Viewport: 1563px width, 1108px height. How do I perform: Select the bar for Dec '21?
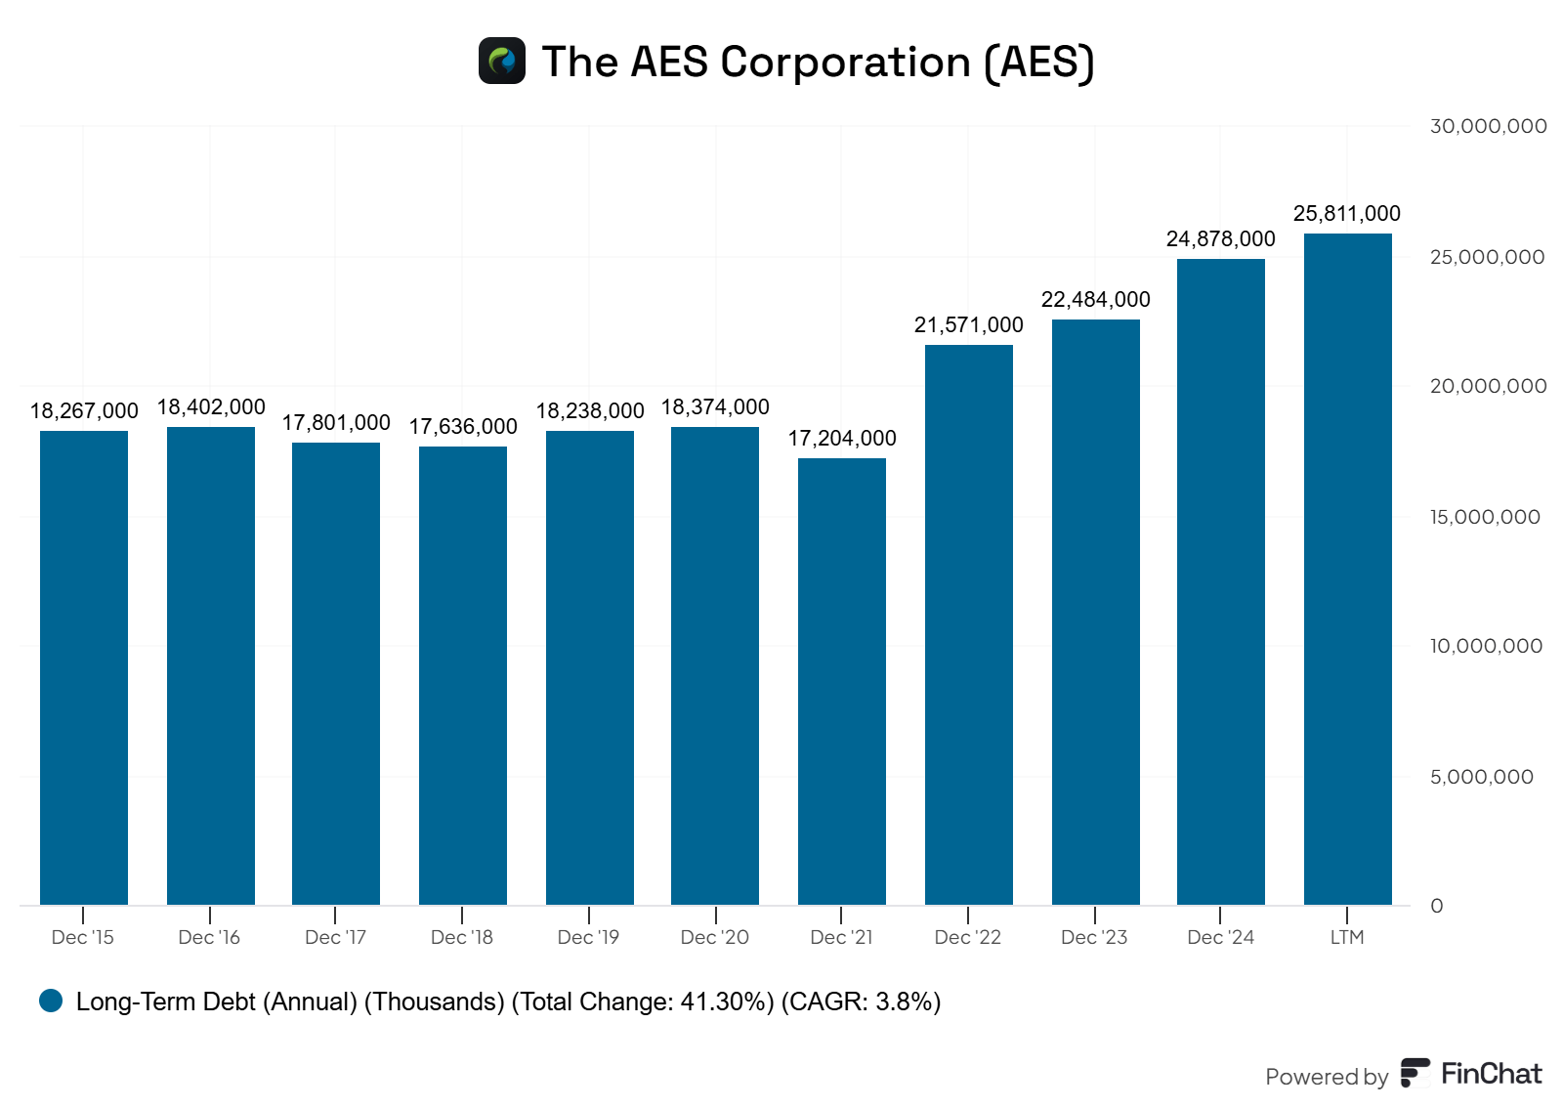841,681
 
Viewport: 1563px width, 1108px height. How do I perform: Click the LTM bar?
1347,569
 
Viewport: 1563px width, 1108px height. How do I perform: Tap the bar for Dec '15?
84,667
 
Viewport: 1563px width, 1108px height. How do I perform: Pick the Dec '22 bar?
968,624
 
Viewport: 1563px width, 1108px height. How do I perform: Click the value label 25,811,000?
1346,213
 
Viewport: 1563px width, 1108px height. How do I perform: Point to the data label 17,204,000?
842,438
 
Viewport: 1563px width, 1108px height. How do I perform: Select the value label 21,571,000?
968,324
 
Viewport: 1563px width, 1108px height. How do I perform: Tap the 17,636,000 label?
463,426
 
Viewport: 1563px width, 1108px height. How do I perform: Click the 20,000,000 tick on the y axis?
1488,386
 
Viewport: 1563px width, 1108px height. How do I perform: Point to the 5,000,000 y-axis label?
1481,777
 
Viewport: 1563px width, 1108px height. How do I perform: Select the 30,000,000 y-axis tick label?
1488,126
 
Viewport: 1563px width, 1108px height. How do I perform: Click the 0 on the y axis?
1436,906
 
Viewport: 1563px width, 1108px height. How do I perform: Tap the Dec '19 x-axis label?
588,937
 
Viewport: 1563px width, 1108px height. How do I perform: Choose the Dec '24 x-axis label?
1220,937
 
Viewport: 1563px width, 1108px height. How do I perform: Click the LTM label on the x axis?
1346,937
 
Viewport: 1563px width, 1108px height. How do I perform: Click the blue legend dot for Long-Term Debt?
51,1001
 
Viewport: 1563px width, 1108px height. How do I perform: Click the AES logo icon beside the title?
502,61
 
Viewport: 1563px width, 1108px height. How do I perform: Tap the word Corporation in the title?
845,62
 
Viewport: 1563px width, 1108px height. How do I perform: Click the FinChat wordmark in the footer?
1491,1074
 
